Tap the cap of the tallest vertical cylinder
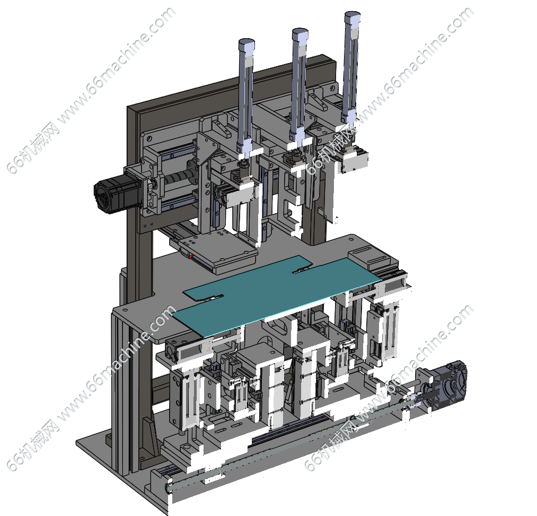[353, 16]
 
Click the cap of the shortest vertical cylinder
[247, 43]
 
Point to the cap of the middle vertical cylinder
[300, 33]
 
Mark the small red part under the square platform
[191, 257]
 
